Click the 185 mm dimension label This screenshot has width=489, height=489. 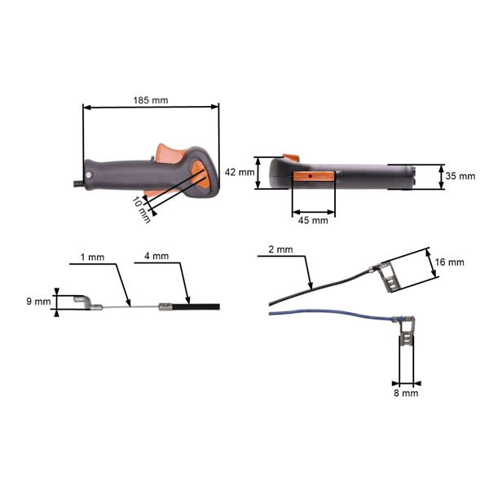click(x=151, y=100)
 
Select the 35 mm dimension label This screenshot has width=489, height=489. click(x=461, y=176)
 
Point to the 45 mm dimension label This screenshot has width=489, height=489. click(x=313, y=220)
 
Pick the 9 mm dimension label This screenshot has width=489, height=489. click(x=37, y=302)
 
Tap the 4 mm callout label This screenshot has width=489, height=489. click(x=156, y=257)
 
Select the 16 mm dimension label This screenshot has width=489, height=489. click(x=450, y=262)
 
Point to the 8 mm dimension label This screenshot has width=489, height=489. click(x=406, y=393)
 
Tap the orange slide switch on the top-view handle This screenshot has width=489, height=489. click(x=314, y=175)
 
